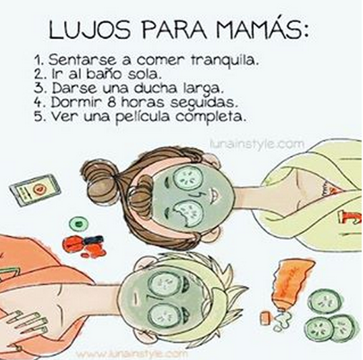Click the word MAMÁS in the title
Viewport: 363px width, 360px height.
262,30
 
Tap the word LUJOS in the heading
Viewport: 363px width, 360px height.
89,30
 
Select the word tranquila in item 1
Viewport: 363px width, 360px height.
224,61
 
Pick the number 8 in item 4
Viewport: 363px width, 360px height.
112,103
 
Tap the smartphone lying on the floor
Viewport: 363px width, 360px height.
35,190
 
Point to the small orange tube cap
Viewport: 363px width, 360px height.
265,318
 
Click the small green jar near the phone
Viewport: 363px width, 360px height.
79,224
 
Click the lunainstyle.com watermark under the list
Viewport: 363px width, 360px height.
256,143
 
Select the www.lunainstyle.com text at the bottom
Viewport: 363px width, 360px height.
132,355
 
